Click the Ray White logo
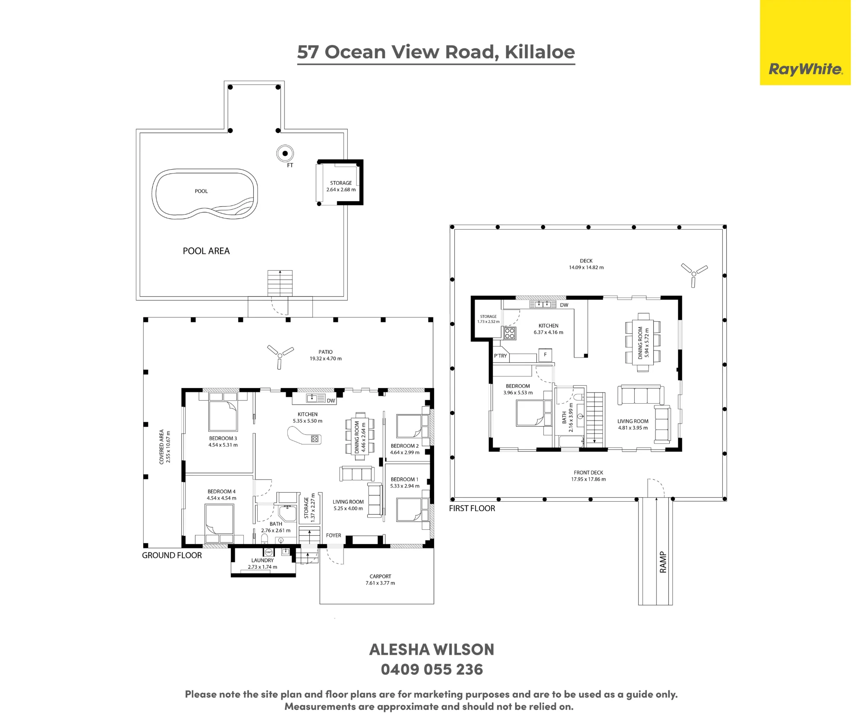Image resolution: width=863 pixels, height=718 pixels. click(805, 69)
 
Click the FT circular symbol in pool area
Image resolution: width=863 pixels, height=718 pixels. click(285, 153)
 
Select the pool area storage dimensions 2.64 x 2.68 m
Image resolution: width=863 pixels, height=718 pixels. click(341, 190)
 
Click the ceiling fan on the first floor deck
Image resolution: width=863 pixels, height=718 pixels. click(694, 274)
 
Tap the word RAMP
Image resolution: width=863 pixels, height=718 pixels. click(663, 562)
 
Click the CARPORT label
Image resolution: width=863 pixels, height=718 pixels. click(380, 576)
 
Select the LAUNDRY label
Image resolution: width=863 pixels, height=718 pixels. click(262, 560)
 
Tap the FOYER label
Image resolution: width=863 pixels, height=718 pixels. click(334, 535)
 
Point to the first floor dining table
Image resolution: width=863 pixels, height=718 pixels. click(643, 342)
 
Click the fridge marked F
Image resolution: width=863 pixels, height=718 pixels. click(545, 355)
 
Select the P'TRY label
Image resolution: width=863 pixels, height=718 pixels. click(501, 356)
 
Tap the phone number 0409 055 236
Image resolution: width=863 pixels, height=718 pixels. click(432, 670)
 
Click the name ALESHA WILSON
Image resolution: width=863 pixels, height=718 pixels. click(432, 650)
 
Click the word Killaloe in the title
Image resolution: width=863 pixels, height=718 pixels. click(540, 52)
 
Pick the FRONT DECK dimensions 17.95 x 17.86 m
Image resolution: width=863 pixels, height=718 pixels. click(589, 479)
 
